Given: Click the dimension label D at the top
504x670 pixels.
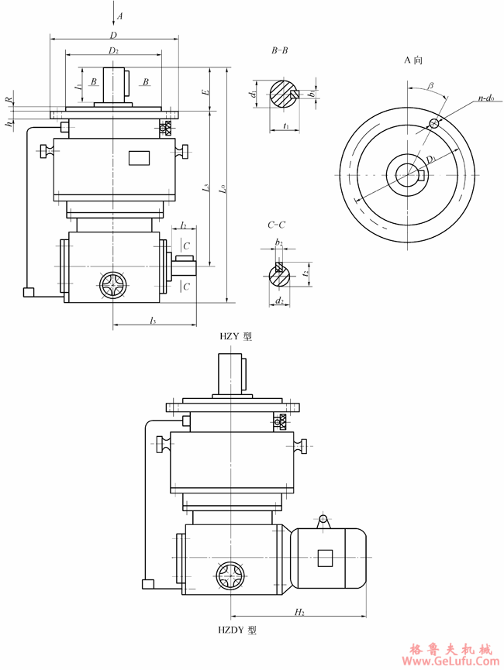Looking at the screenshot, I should tap(113, 36).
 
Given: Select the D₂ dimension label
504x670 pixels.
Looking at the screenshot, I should tap(113, 50).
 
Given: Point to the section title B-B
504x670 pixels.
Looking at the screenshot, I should tap(279, 51).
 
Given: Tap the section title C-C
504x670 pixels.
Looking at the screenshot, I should tap(276, 225).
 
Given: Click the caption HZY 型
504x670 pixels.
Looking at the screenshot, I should tap(236, 337).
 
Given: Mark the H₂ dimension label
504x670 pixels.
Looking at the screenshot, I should tap(299, 612).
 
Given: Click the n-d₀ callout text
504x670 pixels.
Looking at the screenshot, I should tap(487, 100).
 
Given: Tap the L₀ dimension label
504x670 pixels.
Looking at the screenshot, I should tap(223, 187).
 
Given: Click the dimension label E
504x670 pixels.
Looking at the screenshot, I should tap(205, 92).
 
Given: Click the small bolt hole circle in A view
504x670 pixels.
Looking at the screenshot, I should tap(434, 123).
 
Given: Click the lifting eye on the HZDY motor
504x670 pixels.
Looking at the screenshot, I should tap(323, 521).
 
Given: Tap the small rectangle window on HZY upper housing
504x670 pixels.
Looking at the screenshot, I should tap(139, 158).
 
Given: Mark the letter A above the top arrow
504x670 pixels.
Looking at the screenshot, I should tap(120, 15).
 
